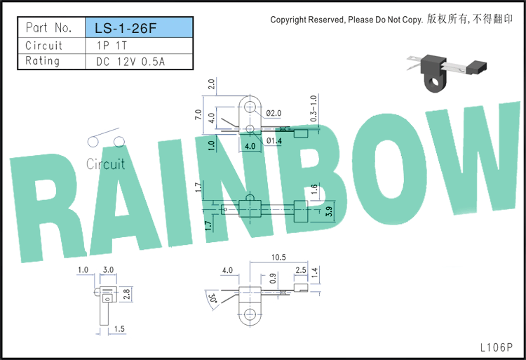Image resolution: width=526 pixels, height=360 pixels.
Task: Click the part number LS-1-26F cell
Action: point(140,27)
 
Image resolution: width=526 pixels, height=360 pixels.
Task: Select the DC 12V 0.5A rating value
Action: point(130,62)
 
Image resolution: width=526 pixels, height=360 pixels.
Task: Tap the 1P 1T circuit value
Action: point(112,46)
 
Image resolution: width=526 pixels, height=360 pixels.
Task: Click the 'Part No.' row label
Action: point(49,27)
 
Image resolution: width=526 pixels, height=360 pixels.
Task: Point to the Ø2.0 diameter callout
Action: point(274,114)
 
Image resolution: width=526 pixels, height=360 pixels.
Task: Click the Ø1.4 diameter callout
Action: point(274,141)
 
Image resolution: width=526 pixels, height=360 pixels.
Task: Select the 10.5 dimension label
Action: point(278,258)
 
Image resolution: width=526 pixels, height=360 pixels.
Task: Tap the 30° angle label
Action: point(213,299)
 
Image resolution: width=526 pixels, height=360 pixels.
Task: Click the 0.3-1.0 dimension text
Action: point(313,108)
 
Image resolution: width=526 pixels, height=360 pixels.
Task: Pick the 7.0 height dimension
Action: point(198,114)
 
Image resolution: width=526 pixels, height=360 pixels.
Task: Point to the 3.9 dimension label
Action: point(329,211)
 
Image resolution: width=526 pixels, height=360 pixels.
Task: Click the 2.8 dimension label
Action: point(126,294)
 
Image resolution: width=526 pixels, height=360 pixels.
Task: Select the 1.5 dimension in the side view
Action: point(119,329)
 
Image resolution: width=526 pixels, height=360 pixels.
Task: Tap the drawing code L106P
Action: point(497,347)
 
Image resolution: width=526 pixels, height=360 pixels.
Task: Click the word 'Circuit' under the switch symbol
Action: point(106,164)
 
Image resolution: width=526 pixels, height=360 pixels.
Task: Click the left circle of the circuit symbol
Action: point(93,142)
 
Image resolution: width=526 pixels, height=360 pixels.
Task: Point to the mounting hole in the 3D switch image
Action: point(435,81)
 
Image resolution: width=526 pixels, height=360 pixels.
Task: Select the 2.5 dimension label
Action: point(301,270)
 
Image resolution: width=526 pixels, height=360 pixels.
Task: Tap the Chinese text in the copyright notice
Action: point(470,19)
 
